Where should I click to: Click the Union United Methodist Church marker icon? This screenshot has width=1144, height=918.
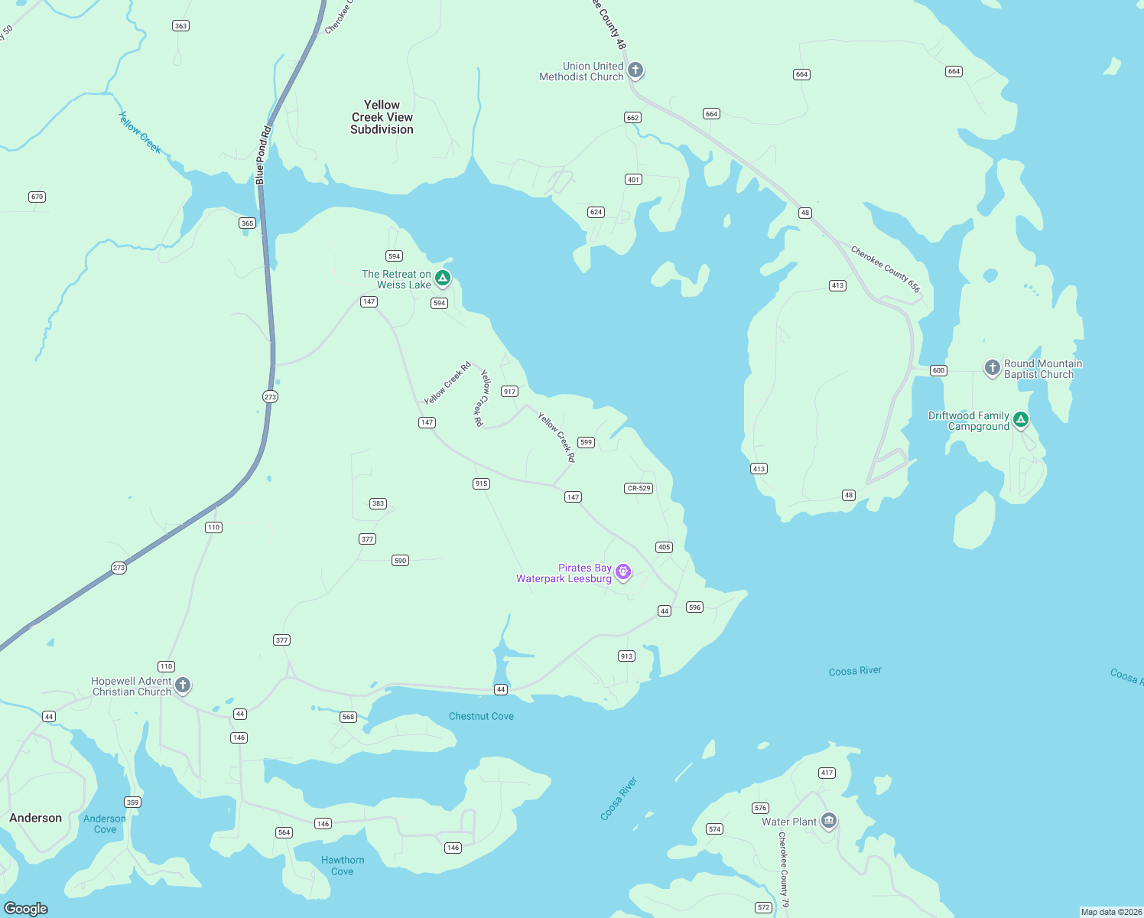(635, 70)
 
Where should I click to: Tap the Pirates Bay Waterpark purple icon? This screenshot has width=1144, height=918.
(623, 571)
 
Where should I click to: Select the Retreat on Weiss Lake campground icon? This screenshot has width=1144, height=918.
(442, 278)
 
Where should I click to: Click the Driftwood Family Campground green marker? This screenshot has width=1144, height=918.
(1020, 419)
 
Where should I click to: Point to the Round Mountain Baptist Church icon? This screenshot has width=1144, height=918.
(992, 368)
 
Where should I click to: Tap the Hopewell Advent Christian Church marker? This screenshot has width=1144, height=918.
(182, 685)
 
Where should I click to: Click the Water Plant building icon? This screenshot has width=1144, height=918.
(828, 821)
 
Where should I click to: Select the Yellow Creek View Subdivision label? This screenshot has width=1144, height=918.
(382, 117)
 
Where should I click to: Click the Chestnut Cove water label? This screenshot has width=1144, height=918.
(481, 716)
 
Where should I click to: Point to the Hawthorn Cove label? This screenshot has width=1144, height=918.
(343, 865)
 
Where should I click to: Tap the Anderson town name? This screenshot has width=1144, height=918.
(35, 818)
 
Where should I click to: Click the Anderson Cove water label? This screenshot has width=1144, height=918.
(105, 824)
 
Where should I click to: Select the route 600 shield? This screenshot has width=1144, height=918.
(938, 370)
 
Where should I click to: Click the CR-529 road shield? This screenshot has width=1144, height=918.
(639, 488)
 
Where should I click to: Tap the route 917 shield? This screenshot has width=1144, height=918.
(509, 391)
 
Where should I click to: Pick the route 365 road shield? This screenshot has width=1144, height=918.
(247, 223)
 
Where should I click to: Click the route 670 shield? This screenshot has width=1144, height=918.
(37, 197)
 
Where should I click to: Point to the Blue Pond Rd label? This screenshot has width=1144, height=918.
(263, 155)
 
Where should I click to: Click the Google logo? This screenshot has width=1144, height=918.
(26, 908)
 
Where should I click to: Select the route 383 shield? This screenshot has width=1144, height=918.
(378, 503)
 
